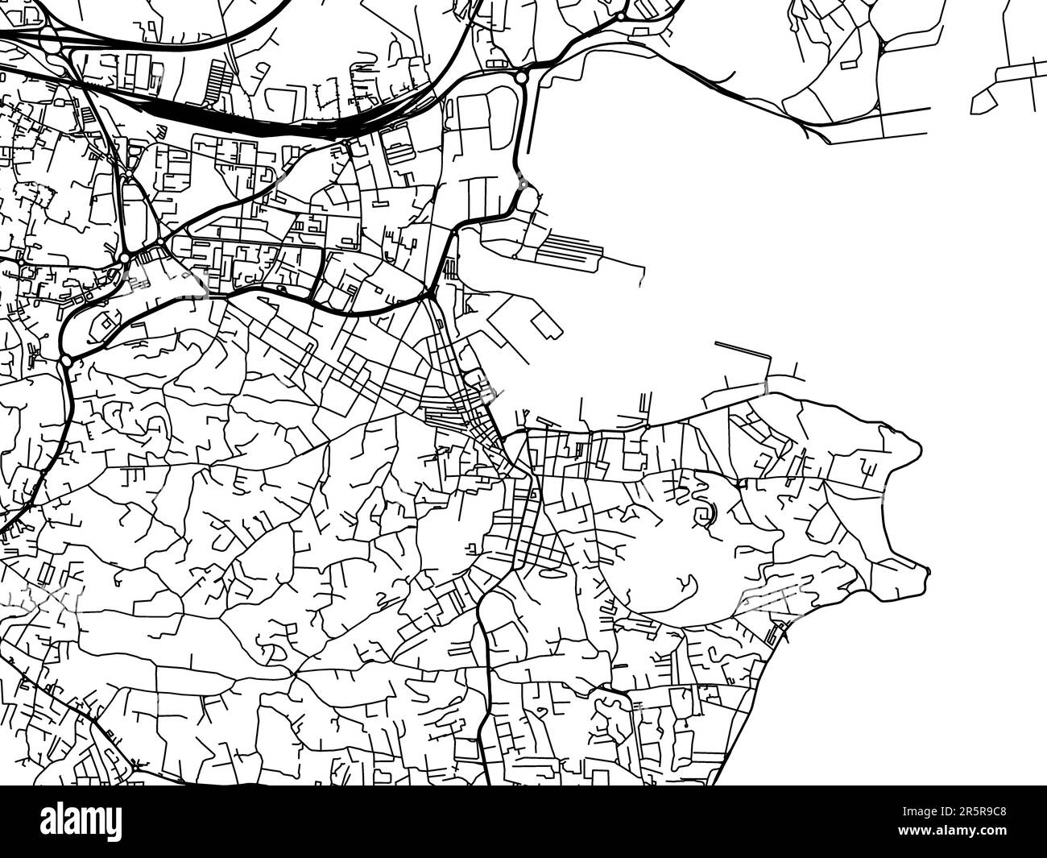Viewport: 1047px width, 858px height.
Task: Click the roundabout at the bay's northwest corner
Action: click(x=521, y=77)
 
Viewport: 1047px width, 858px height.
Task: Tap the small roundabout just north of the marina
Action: click(x=523, y=184)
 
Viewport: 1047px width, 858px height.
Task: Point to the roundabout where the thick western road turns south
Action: click(x=66, y=362)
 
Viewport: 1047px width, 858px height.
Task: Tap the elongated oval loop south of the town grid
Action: click(x=554, y=574)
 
